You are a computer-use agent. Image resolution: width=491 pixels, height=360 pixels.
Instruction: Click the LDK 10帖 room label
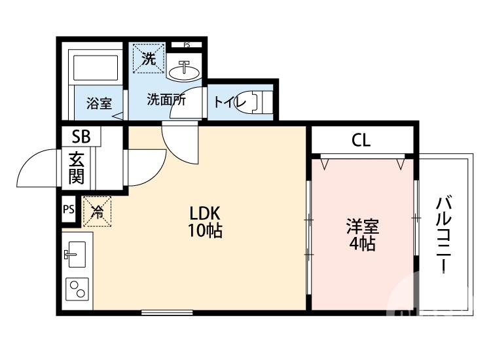(206, 221)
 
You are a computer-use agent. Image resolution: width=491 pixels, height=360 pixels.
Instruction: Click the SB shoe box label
(81, 137)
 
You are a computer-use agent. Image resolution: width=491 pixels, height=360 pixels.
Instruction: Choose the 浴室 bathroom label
(99, 103)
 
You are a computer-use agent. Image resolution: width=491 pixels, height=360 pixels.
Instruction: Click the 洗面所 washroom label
(166, 100)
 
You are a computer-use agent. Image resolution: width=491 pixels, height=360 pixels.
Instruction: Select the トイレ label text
(225, 102)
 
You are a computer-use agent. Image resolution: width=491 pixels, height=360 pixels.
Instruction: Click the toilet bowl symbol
(255, 102)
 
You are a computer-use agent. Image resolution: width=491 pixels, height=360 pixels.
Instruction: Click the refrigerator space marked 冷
(97, 211)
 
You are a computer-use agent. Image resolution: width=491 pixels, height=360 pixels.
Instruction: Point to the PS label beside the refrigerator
(69, 209)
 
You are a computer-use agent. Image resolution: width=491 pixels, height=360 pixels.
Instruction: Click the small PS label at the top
(187, 45)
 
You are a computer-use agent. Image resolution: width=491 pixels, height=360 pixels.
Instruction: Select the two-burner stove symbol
(78, 289)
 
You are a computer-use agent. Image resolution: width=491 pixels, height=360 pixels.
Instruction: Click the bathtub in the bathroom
(97, 67)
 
